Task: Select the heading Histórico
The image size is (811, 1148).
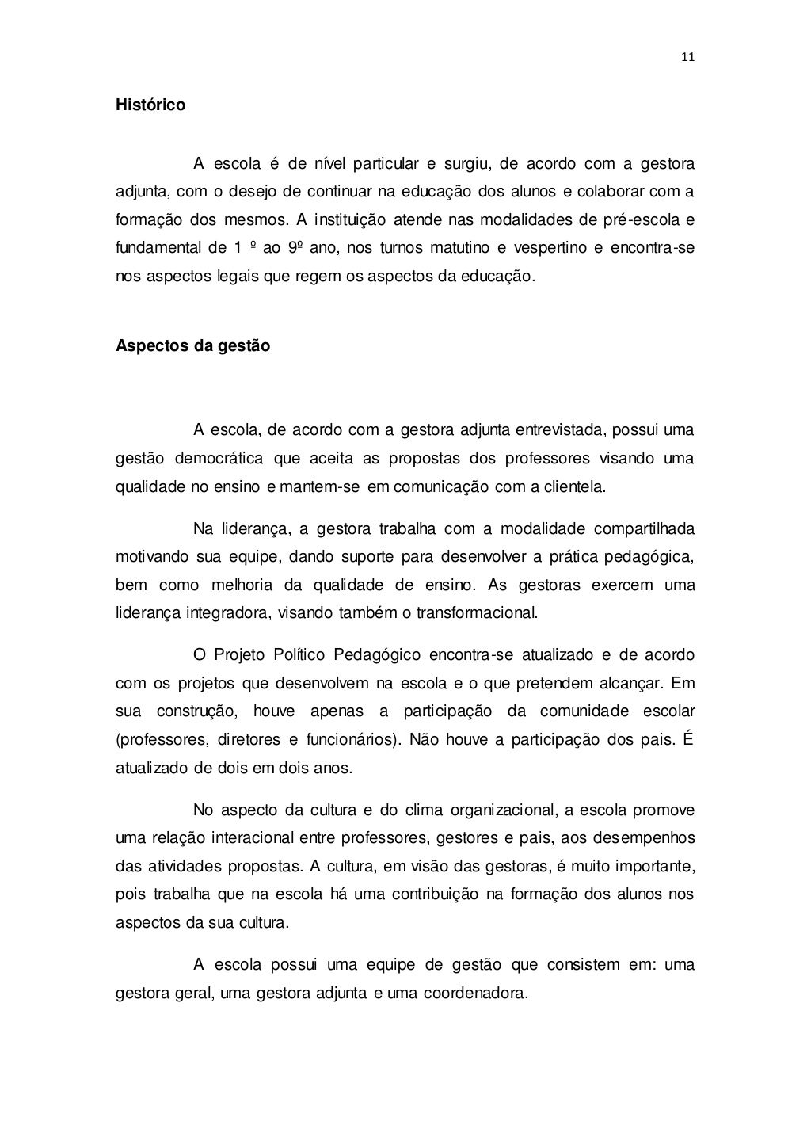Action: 150,105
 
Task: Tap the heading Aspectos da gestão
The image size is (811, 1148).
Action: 192,346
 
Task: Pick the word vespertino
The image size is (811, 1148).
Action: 550,247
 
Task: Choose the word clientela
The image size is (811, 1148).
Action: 573,486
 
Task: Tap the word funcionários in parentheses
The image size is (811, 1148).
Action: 351,740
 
